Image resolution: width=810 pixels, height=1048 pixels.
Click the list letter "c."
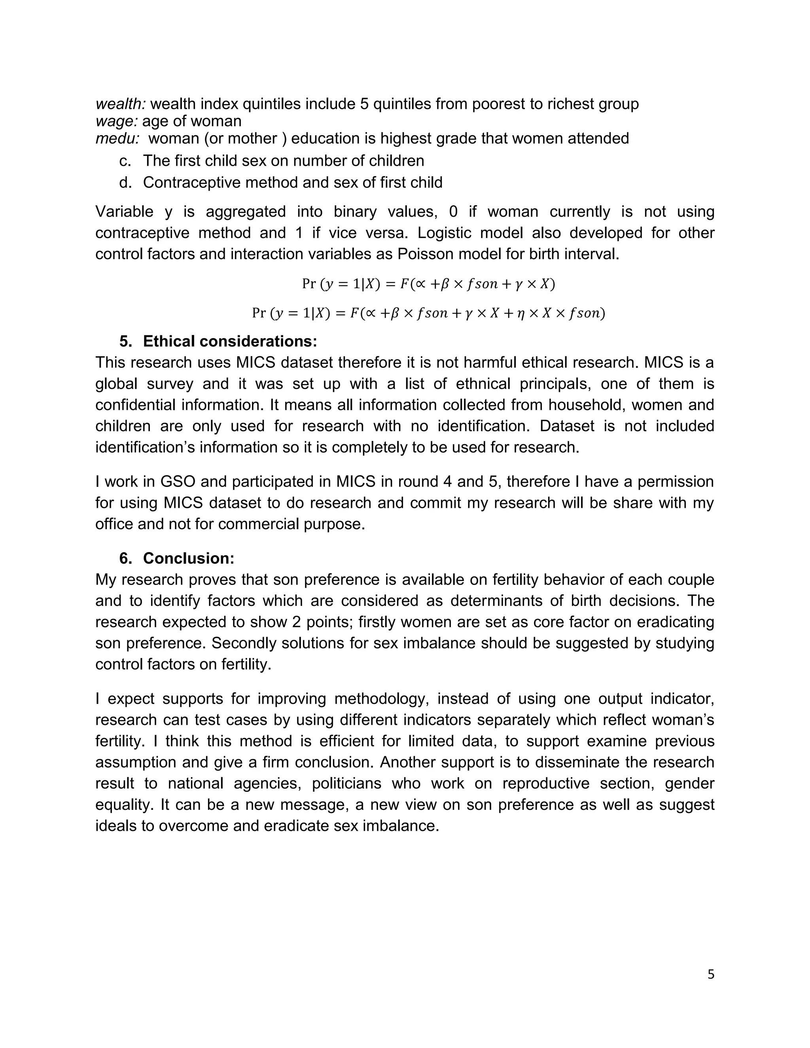[x=125, y=161]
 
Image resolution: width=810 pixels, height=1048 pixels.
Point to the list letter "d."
[x=125, y=183]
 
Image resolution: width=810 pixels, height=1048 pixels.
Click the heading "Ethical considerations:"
[x=230, y=341]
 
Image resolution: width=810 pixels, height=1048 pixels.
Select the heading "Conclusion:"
[x=189, y=558]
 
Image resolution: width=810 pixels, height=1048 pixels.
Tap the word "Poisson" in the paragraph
[x=425, y=254]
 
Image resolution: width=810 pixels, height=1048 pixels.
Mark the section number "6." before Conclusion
[x=126, y=558]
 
